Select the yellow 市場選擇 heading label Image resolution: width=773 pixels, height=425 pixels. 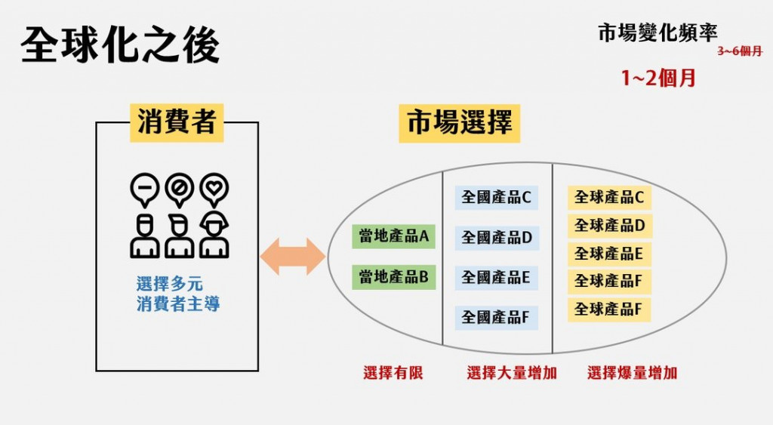[459, 122]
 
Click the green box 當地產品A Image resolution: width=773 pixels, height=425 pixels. [394, 236]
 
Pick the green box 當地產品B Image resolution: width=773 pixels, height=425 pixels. [394, 277]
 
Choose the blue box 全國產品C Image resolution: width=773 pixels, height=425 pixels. [496, 198]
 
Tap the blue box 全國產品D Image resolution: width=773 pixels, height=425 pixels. [496, 238]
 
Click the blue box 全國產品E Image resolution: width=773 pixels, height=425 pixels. [496, 277]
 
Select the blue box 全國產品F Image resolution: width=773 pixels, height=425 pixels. [496, 317]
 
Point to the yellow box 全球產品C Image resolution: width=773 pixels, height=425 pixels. [608, 198]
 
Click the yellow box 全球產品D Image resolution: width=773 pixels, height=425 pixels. [608, 225]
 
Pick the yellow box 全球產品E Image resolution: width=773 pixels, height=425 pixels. [608, 254]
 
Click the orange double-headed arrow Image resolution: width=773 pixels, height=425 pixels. [293, 257]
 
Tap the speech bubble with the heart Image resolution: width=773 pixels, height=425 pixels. [214, 188]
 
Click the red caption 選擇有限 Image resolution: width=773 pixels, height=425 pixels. [393, 373]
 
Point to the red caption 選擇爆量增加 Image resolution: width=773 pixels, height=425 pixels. [632, 373]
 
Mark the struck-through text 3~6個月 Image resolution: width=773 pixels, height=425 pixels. [739, 52]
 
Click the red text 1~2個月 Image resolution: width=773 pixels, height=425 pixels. [658, 78]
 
